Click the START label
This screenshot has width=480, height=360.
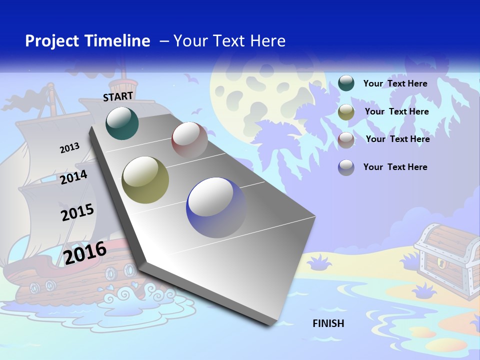point(118,96)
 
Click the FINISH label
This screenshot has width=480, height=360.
point(328,323)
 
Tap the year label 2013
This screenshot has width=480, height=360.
point(69,148)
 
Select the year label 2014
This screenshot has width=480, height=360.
point(73,177)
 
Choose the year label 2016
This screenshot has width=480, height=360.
point(85,252)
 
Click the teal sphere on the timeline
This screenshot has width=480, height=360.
point(122,123)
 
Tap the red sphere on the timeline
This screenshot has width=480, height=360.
point(189,140)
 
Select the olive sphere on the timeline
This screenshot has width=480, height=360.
point(145,180)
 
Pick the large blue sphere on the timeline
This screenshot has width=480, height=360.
point(216,207)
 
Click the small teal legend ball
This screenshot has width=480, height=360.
point(346,83)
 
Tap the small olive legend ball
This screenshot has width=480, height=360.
point(346,112)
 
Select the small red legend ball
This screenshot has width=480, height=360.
point(346,139)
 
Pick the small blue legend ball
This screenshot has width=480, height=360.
point(346,167)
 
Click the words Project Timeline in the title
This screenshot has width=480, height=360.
point(87,41)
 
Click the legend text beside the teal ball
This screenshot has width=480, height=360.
point(395,83)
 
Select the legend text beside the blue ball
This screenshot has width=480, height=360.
point(395,167)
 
